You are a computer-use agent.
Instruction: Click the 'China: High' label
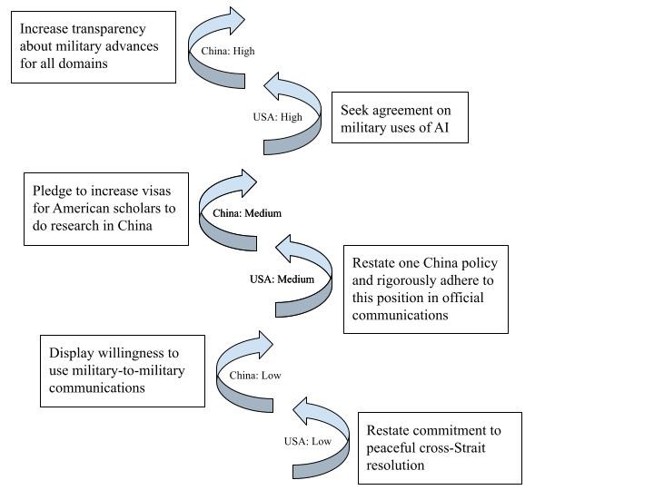[x=228, y=51]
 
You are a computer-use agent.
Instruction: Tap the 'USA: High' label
[x=277, y=117]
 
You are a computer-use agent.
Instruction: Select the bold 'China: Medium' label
[x=247, y=213]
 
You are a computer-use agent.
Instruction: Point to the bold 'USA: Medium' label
[x=282, y=279]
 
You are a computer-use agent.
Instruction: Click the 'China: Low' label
[x=255, y=375]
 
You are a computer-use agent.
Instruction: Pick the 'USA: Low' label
[x=308, y=441]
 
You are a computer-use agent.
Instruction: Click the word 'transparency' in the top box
[x=108, y=29]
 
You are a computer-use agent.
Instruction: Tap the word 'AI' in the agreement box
[x=441, y=128]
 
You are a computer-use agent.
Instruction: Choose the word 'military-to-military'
[x=128, y=370]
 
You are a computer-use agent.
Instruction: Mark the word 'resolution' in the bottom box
[x=395, y=465]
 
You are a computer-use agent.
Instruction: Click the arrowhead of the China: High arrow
[x=236, y=20]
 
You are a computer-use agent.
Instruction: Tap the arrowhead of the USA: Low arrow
[x=301, y=411]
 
